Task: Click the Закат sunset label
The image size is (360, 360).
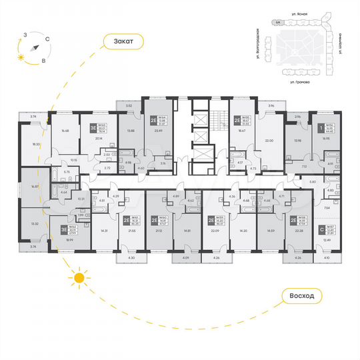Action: tap(124, 41)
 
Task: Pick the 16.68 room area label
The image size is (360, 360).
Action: tap(65, 131)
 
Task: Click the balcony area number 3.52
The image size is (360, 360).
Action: tap(130, 105)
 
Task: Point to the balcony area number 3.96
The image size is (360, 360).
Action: tap(271, 106)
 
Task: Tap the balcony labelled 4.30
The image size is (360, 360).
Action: tap(131, 257)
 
